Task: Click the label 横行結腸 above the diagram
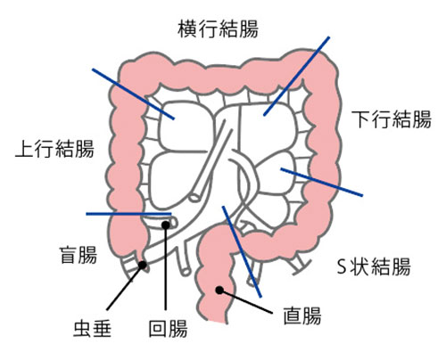click(219, 29)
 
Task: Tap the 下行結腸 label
click(392, 119)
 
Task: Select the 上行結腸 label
click(54, 148)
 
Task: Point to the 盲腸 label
click(78, 255)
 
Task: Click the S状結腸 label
click(374, 266)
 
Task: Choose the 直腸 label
click(302, 315)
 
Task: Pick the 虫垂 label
click(92, 328)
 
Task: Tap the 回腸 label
click(168, 328)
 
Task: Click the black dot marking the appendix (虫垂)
click(143, 265)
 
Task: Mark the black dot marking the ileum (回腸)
click(166, 225)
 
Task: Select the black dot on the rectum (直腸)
click(219, 290)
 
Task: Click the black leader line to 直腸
click(246, 301)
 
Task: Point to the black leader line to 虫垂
click(125, 287)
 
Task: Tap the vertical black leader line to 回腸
click(166, 267)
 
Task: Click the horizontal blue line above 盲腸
click(128, 214)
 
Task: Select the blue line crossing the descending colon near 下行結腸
click(322, 182)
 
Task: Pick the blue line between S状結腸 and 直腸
click(242, 251)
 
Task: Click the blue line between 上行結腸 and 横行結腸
click(133, 94)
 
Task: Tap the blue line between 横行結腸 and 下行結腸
click(296, 76)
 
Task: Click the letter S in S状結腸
click(343, 266)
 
